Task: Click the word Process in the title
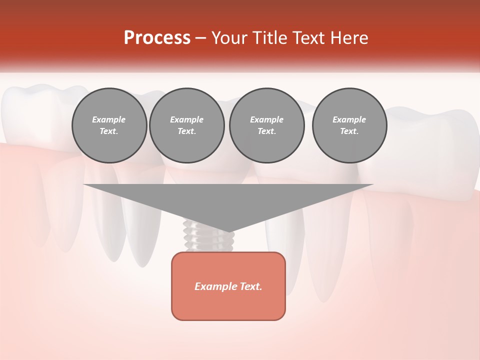point(157,38)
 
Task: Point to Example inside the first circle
point(109,119)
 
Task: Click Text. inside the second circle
point(186,131)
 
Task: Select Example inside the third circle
point(266,119)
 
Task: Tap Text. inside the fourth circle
point(349,131)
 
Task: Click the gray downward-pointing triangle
point(228,200)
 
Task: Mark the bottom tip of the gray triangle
point(228,231)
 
